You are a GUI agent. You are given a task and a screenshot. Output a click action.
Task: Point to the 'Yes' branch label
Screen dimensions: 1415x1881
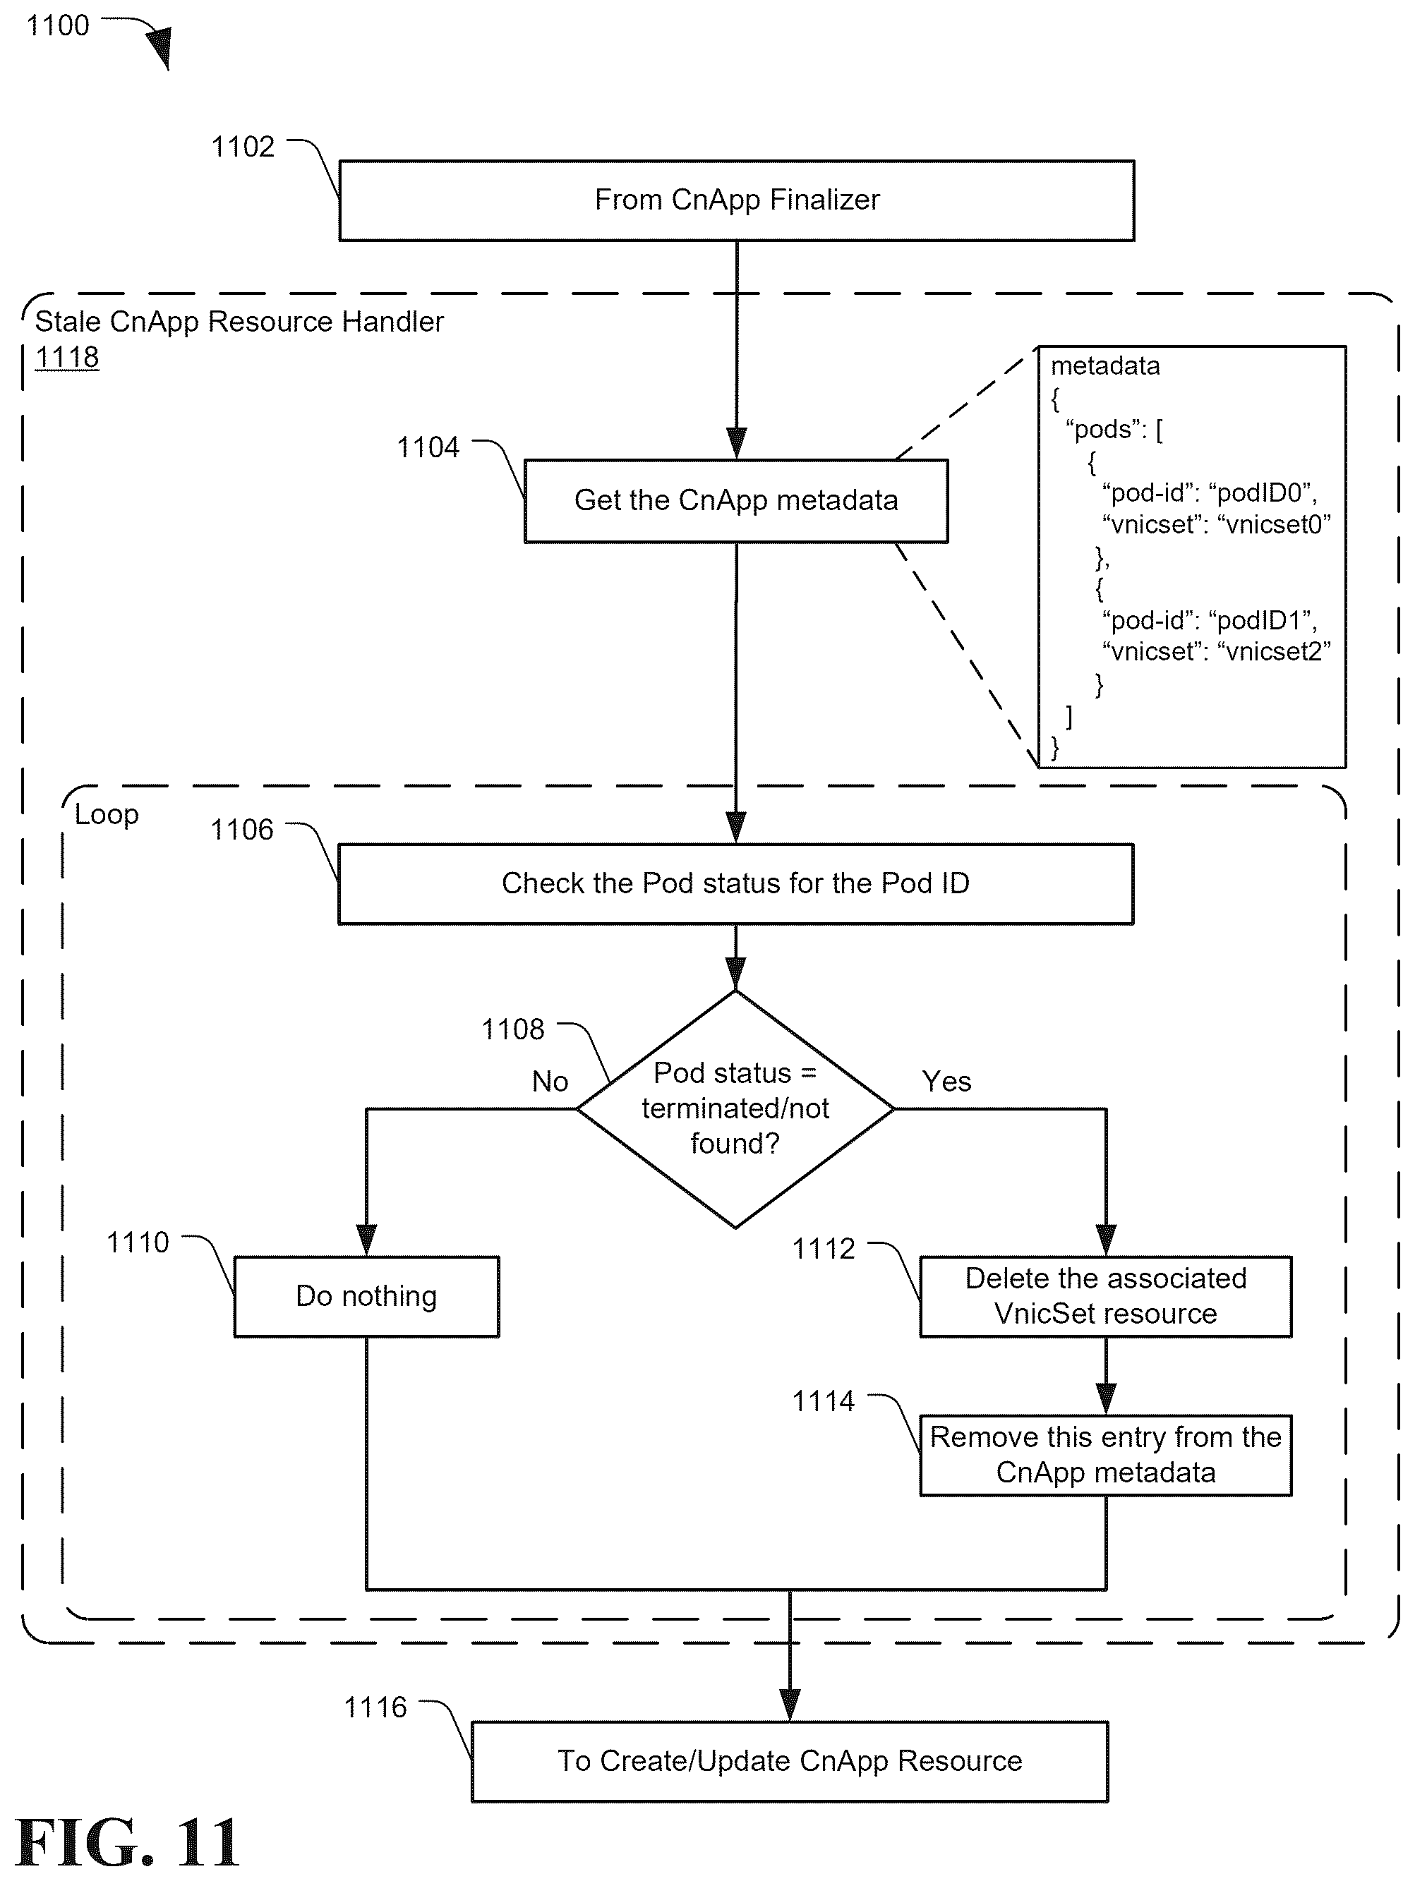point(946,1081)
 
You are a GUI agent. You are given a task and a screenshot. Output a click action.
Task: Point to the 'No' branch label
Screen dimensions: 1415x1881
point(550,1081)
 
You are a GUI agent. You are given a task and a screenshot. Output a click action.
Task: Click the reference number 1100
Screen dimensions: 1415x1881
point(58,25)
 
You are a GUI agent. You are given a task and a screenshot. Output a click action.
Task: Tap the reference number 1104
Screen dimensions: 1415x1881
point(428,447)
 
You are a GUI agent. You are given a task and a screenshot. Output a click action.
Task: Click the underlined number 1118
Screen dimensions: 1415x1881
point(67,357)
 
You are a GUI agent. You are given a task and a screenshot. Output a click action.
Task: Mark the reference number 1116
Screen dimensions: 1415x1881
point(375,1707)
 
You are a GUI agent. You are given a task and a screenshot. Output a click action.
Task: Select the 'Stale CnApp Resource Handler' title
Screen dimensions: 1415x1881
point(239,322)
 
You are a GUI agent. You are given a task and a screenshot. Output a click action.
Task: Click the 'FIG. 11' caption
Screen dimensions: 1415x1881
point(128,1844)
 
